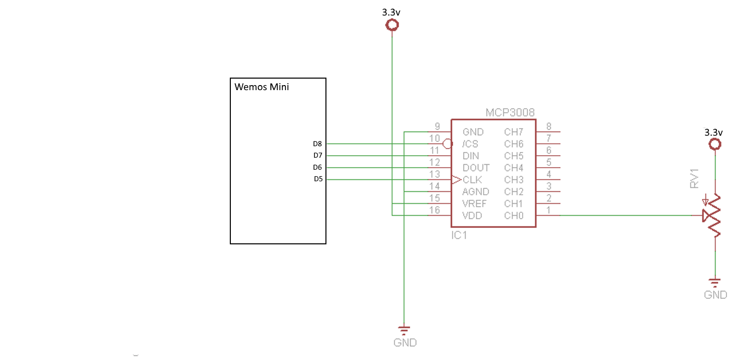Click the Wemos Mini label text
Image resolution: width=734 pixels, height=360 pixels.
pyautogui.click(x=262, y=87)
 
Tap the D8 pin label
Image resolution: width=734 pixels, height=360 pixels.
pyautogui.click(x=317, y=144)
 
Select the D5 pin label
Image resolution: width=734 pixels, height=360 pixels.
pyautogui.click(x=317, y=179)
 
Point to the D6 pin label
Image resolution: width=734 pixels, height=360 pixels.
pyautogui.click(x=317, y=167)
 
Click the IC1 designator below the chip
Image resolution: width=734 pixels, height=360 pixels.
pyautogui.click(x=459, y=235)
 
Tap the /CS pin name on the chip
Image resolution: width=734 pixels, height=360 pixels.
pyautogui.click(x=471, y=144)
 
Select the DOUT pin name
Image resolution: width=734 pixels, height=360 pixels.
pyautogui.click(x=476, y=168)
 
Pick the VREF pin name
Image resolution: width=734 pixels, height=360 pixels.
pyautogui.click(x=474, y=204)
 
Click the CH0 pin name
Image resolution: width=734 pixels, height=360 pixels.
pyautogui.click(x=514, y=216)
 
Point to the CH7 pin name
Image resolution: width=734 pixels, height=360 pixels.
pyautogui.click(x=514, y=132)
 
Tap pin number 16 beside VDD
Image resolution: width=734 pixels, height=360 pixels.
pyautogui.click(x=435, y=211)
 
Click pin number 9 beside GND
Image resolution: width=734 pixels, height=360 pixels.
pyautogui.click(x=437, y=127)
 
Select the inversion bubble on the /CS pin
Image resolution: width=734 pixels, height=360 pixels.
pyautogui.click(x=448, y=144)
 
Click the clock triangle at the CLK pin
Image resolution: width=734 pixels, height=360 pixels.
pyautogui.click(x=456, y=179)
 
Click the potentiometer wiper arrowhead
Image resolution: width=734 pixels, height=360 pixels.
pyautogui.click(x=706, y=216)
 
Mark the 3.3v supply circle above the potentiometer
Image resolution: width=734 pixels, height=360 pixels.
pyautogui.click(x=715, y=145)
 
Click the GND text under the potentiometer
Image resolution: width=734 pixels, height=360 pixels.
pyautogui.click(x=715, y=295)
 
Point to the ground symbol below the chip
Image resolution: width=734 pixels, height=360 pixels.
pyautogui.click(x=404, y=330)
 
